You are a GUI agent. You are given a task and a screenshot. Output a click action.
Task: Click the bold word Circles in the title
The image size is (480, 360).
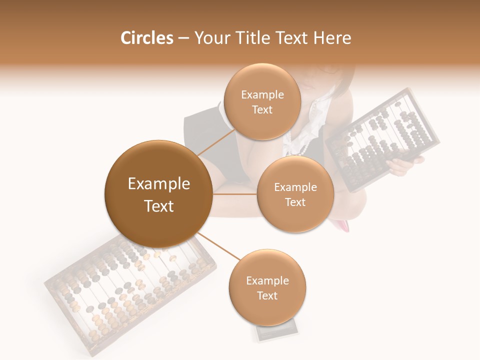pyautogui.click(x=146, y=38)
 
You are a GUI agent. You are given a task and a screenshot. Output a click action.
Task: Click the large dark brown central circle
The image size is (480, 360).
pyautogui.click(x=158, y=194)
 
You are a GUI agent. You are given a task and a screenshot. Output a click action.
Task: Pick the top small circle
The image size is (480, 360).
pyautogui.click(x=262, y=102)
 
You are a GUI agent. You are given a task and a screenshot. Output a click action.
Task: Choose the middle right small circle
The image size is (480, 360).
pyautogui.click(x=295, y=194)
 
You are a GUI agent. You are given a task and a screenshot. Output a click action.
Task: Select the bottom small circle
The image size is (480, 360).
pyautogui.click(x=267, y=288)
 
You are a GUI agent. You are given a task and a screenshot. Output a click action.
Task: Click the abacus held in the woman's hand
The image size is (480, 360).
pyautogui.click(x=382, y=140)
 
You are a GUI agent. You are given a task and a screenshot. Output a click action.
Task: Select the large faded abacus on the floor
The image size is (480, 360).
pyautogui.click(x=130, y=295)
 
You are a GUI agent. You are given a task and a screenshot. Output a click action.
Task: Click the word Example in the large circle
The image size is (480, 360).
pyautogui.click(x=158, y=184)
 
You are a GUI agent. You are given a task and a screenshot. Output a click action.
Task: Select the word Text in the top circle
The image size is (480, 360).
pyautogui.click(x=262, y=110)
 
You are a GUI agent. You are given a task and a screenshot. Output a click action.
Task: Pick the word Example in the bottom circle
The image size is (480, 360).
pyautogui.click(x=267, y=280)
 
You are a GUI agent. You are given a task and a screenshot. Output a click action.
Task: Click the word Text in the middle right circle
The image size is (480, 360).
pyautogui.click(x=295, y=202)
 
